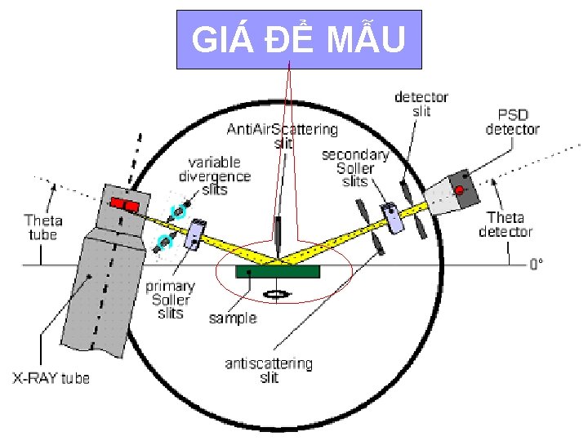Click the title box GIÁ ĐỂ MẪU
(x=299, y=39)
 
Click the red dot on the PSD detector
(x=460, y=190)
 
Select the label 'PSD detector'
(x=512, y=122)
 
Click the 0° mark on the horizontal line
(x=537, y=264)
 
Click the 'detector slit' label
(x=421, y=104)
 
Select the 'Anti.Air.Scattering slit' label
(x=283, y=136)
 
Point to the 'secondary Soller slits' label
(x=355, y=168)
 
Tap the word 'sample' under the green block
(x=233, y=318)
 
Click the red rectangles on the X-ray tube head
(x=126, y=204)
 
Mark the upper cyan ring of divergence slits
(x=176, y=212)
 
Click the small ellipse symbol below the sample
(x=278, y=294)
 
